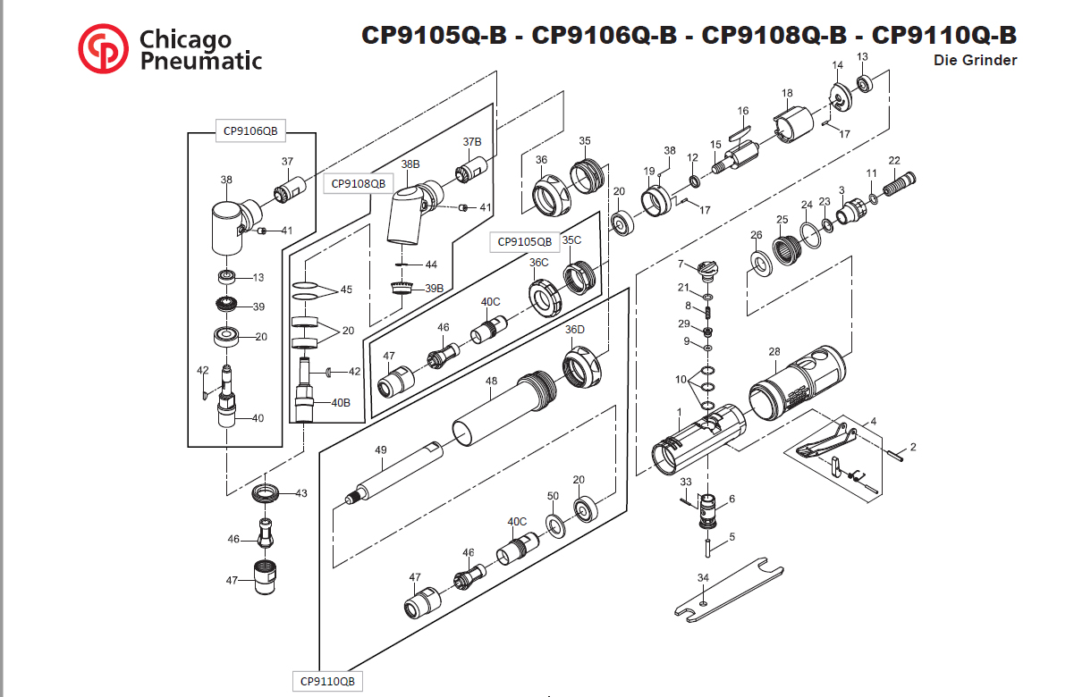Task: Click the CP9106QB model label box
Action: pyautogui.click(x=249, y=131)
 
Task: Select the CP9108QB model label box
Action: pyautogui.click(x=358, y=183)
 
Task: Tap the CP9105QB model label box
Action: pyautogui.click(x=524, y=241)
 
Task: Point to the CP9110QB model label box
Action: pyautogui.click(x=327, y=681)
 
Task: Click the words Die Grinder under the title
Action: pyautogui.click(x=975, y=61)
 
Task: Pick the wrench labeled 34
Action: pyautogui.click(x=726, y=591)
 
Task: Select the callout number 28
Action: pyautogui.click(x=774, y=351)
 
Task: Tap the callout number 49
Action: pyautogui.click(x=380, y=450)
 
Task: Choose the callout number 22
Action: pyautogui.click(x=894, y=161)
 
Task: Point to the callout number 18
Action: pyautogui.click(x=787, y=93)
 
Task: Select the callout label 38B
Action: pyautogui.click(x=410, y=164)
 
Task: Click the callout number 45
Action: pyautogui.click(x=346, y=290)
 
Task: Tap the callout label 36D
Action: pyautogui.click(x=574, y=330)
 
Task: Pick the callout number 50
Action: pyautogui.click(x=553, y=496)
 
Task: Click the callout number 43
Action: pyautogui.click(x=301, y=493)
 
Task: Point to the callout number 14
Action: pyautogui.click(x=838, y=65)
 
